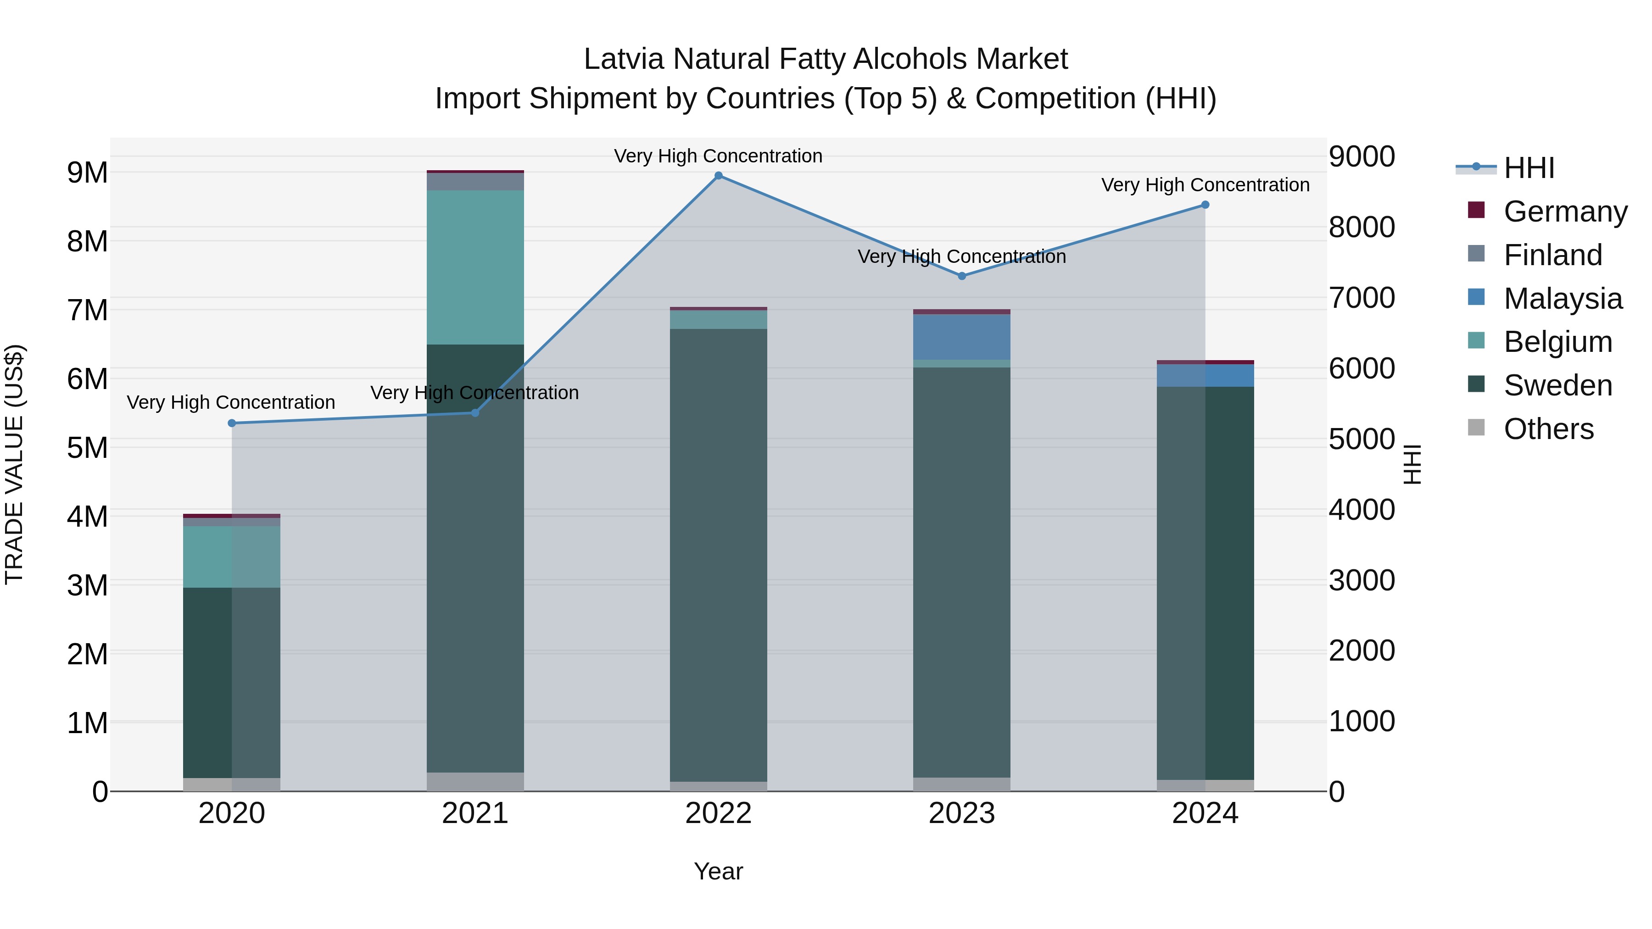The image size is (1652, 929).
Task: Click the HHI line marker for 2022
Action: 718,176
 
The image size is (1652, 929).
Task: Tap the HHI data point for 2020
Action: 232,423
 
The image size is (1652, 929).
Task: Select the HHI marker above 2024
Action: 1205,205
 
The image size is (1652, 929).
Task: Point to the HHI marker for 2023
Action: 962,276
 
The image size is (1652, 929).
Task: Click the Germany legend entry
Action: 1565,211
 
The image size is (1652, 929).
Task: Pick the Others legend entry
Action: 1548,429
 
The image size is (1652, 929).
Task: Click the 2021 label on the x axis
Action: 475,813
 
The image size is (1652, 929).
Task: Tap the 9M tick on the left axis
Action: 87,172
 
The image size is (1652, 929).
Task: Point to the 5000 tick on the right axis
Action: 1362,440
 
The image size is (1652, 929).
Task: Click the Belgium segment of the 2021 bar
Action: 475,267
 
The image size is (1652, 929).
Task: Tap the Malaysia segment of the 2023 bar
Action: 962,337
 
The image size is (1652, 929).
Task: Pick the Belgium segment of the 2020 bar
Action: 232,556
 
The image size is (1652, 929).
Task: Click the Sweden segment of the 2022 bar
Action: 718,555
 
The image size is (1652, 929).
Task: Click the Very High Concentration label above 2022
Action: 718,156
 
